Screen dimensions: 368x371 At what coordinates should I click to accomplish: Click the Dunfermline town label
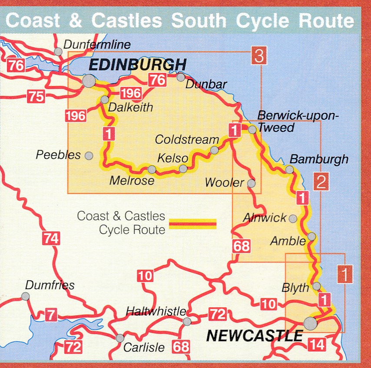tap(97, 44)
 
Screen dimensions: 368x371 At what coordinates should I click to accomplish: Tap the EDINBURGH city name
tap(137, 66)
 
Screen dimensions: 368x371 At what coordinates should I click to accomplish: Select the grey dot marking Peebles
tap(89, 155)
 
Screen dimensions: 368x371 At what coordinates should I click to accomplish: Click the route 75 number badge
tap(36, 96)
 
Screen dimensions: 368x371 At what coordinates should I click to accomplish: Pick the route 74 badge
tap(51, 238)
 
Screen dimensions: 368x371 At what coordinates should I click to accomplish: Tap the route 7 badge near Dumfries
tap(51, 315)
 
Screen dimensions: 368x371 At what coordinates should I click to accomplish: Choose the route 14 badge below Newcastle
tap(317, 345)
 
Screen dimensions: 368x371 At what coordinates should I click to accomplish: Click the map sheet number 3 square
tap(259, 56)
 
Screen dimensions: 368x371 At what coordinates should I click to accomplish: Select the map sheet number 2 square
tap(321, 182)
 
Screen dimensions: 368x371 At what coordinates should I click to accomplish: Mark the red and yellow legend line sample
tap(192, 223)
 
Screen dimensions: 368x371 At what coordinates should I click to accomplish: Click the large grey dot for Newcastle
tap(310, 323)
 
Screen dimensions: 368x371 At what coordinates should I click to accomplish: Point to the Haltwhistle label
tap(156, 311)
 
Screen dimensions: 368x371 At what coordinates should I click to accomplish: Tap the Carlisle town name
tap(144, 347)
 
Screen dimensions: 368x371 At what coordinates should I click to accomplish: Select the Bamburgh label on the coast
tap(319, 159)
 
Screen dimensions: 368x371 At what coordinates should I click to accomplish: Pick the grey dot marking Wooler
tap(251, 184)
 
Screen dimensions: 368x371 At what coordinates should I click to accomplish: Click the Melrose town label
tap(132, 180)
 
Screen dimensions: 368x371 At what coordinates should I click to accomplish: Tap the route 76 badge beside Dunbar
tap(157, 80)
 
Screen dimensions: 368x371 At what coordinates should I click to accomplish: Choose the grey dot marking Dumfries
tap(26, 296)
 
